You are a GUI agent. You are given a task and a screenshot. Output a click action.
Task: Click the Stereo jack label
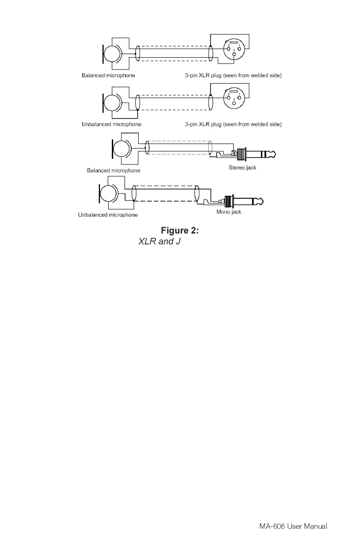[x=242, y=168]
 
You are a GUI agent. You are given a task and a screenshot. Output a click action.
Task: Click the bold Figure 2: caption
[x=180, y=231]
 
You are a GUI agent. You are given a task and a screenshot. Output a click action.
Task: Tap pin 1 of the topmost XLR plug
[x=239, y=49]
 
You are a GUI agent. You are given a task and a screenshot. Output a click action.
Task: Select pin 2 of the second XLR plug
[x=228, y=98]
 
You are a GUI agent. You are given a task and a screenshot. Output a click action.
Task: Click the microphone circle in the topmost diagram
[x=112, y=54]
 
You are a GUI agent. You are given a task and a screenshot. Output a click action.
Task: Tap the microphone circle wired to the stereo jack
[x=121, y=149]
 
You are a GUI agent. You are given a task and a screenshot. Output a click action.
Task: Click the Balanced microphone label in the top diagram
[x=108, y=75]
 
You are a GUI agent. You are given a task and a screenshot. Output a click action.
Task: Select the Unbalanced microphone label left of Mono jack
[x=108, y=215]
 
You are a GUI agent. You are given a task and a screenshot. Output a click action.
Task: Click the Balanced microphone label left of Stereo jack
[x=114, y=170]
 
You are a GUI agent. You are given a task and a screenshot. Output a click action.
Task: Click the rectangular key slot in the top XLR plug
[x=234, y=43]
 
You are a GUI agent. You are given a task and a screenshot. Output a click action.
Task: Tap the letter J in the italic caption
[x=178, y=242]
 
